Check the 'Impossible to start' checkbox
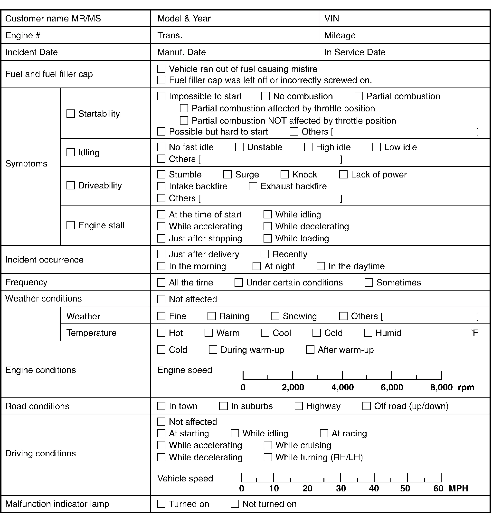point(161,96)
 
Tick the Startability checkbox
point(70,113)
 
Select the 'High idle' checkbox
point(308,147)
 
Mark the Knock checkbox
point(284,175)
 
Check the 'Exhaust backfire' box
point(253,186)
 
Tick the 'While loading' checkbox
point(268,238)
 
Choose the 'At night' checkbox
point(257,266)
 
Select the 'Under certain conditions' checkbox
point(239,282)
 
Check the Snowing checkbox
point(275,316)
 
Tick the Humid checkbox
point(368,333)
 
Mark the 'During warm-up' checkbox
point(213,350)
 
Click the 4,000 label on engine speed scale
point(342,387)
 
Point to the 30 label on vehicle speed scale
point(341,488)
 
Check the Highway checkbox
point(299,406)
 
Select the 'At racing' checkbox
point(324,433)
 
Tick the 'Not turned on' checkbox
point(235,504)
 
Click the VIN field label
point(331,18)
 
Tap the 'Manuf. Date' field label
point(181,52)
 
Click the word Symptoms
point(26,164)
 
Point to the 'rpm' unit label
point(466,387)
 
